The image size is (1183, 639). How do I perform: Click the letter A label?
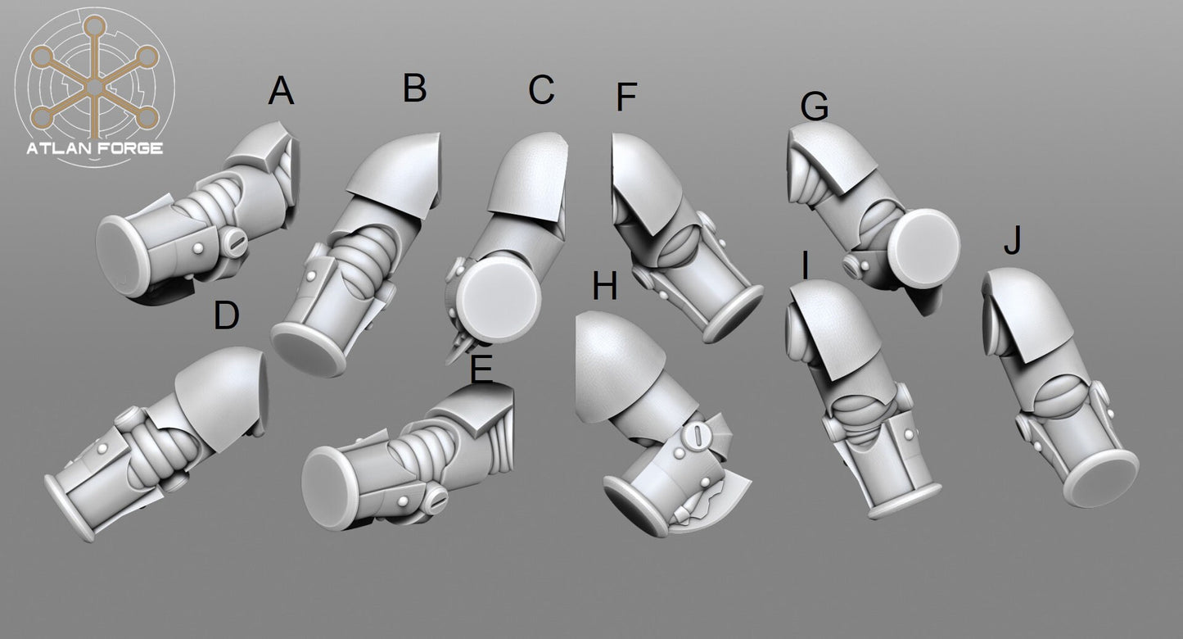pyautogui.click(x=281, y=91)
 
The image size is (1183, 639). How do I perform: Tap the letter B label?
pyautogui.click(x=414, y=88)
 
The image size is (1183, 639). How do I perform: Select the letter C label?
pyautogui.click(x=541, y=90)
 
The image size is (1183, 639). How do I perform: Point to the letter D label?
pyautogui.click(x=227, y=315)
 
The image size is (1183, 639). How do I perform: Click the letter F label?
pyautogui.click(x=627, y=97)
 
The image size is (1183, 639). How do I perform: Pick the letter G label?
pyautogui.click(x=815, y=106)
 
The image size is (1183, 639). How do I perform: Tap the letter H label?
pyautogui.click(x=605, y=286)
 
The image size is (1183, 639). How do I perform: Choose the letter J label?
pyautogui.click(x=1013, y=241)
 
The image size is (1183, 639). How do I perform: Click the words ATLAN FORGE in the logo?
pyautogui.click(x=94, y=148)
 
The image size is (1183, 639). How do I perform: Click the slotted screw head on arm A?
pyautogui.click(x=234, y=243)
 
